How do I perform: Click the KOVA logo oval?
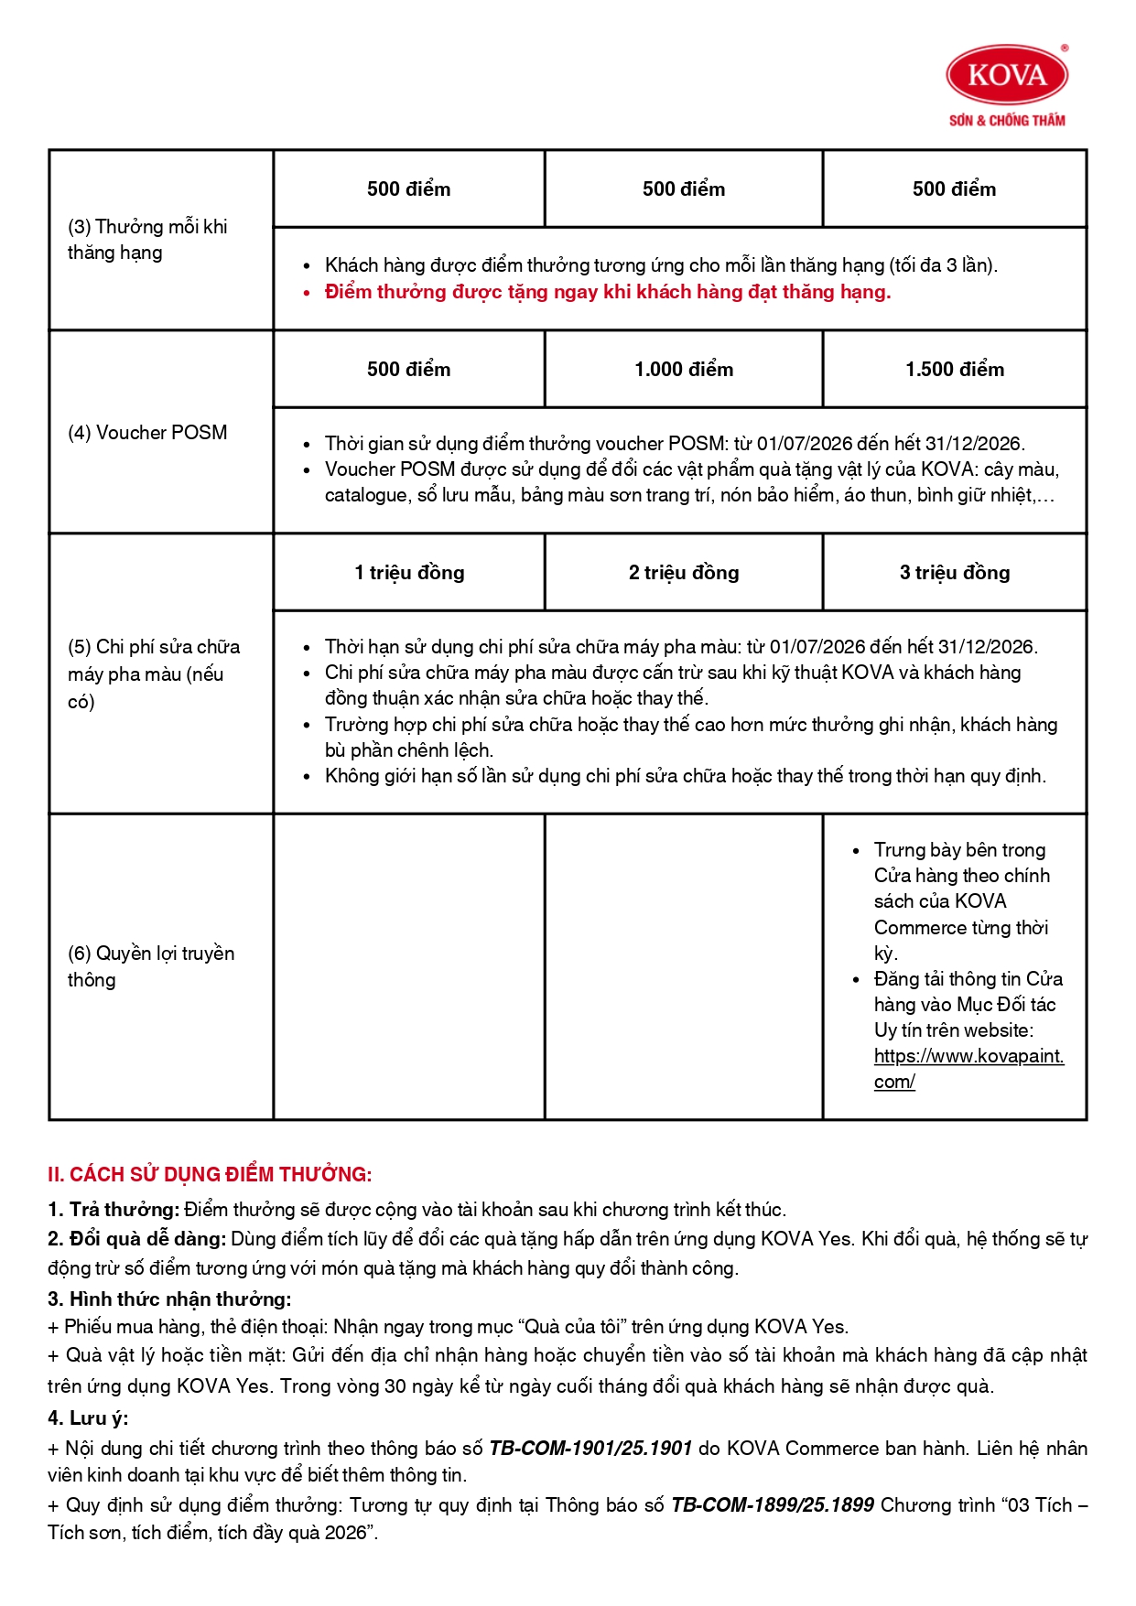coord(1007,75)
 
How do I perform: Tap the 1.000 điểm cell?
coord(684,370)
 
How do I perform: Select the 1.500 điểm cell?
coord(955,370)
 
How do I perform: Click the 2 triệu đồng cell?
coord(684,573)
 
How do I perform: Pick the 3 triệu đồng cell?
coord(955,573)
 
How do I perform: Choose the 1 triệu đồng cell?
coord(409,573)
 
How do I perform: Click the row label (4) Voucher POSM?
coord(147,433)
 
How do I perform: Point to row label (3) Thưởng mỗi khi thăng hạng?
coord(147,240)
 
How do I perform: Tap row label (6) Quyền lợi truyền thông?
coord(151,966)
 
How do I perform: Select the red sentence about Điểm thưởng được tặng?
coord(608,292)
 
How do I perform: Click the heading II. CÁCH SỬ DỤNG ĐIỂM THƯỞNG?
coord(210,1175)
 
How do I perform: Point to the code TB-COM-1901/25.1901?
coord(590,1449)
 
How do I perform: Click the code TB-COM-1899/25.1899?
coord(773,1505)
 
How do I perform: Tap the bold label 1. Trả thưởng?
coord(114,1210)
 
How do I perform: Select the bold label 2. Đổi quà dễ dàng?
coord(136,1239)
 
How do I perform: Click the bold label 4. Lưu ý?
coord(88,1418)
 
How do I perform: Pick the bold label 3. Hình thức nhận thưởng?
coord(169,1299)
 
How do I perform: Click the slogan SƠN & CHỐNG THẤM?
coord(1007,120)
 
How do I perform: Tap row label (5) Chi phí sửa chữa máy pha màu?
coord(154,674)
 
